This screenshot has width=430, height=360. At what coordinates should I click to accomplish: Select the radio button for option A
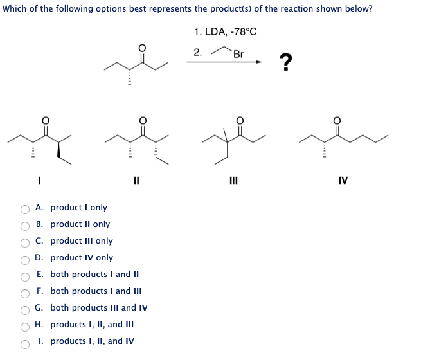[25, 210]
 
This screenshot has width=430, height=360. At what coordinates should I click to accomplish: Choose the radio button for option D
[25, 260]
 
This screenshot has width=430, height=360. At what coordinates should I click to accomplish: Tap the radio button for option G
[25, 310]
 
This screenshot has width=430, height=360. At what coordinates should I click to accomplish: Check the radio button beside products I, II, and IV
[25, 345]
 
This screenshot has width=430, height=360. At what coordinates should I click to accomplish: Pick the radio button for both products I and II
[25, 276]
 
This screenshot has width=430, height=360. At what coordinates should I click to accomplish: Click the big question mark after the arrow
[285, 62]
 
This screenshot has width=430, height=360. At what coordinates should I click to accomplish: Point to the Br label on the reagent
[238, 54]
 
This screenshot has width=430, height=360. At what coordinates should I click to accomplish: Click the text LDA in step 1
[216, 32]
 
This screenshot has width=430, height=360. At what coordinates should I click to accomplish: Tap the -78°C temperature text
[244, 32]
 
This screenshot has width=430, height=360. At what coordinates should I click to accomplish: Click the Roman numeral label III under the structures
[233, 181]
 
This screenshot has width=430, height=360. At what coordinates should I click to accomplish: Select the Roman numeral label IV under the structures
[343, 181]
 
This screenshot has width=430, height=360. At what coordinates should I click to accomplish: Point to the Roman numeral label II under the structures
[136, 181]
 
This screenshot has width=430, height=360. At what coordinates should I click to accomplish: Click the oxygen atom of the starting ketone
[142, 48]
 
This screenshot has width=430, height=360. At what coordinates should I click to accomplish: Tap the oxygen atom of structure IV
[337, 120]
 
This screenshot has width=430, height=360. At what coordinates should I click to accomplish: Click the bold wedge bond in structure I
[58, 150]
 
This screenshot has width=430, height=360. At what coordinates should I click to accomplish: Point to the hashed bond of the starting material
[130, 77]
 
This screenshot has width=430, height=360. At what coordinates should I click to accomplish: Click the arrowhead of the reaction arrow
[258, 62]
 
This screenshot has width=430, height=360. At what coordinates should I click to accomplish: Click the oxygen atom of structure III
[240, 120]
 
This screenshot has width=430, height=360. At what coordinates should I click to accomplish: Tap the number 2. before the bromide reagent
[198, 52]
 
